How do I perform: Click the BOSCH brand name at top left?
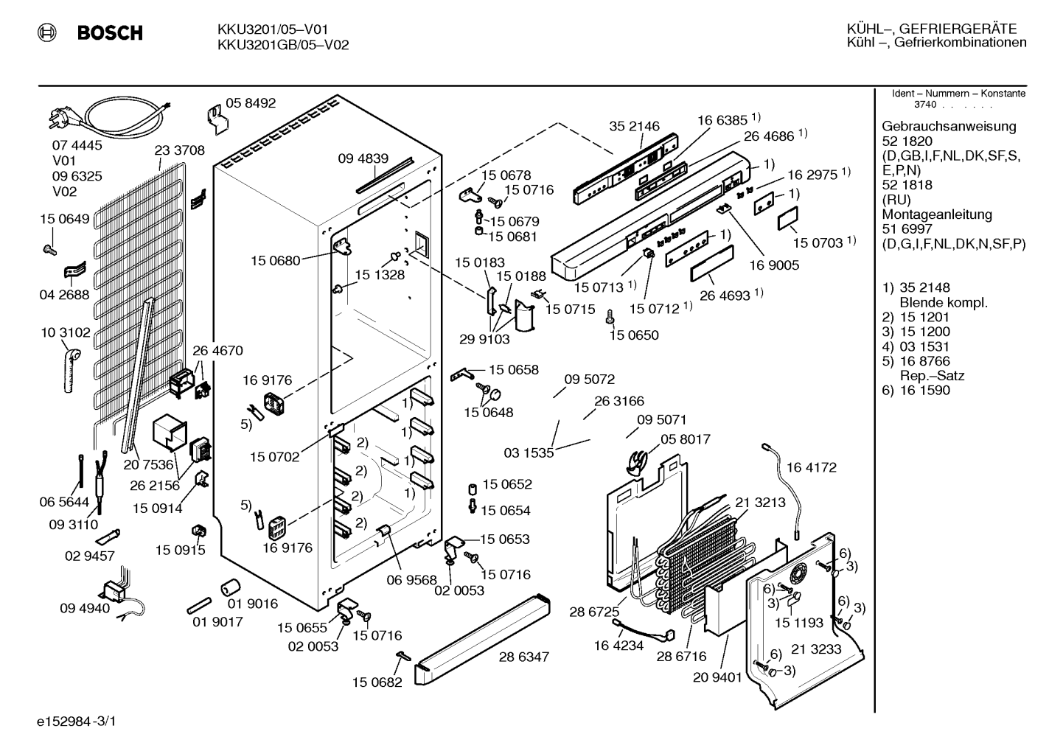tap(110, 32)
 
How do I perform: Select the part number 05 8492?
tap(251, 103)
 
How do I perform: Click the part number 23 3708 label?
tap(179, 150)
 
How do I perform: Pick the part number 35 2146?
tap(634, 126)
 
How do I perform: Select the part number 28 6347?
tap(524, 657)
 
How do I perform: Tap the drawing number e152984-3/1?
tap(77, 722)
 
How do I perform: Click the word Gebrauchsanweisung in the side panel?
tap(949, 126)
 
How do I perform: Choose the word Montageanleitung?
tap(937, 214)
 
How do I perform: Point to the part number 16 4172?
tap(812, 467)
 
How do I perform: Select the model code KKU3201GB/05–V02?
tap(283, 45)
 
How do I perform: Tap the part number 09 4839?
tap(363, 158)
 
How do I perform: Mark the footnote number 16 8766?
tap(925, 361)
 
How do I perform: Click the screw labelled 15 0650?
tap(611, 316)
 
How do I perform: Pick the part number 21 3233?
tap(816, 649)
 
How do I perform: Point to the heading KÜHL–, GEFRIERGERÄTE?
tap(932, 29)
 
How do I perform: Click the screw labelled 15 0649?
tap(49, 249)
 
